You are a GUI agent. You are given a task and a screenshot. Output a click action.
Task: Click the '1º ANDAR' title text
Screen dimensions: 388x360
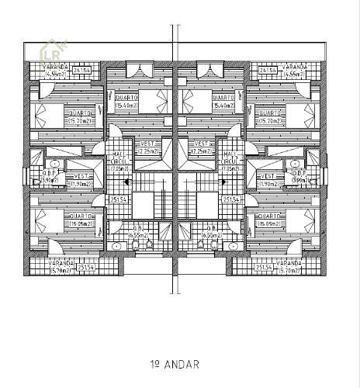coord(176,364)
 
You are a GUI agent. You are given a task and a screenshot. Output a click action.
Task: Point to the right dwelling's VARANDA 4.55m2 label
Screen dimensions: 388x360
coord(294,71)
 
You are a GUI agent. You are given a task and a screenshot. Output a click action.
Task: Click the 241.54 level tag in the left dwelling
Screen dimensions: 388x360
coord(82,71)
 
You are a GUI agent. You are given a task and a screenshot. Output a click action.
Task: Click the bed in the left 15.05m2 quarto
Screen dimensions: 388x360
coord(47,221)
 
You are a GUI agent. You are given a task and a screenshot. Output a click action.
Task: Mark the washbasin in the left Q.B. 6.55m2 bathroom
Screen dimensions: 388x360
coord(116,245)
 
